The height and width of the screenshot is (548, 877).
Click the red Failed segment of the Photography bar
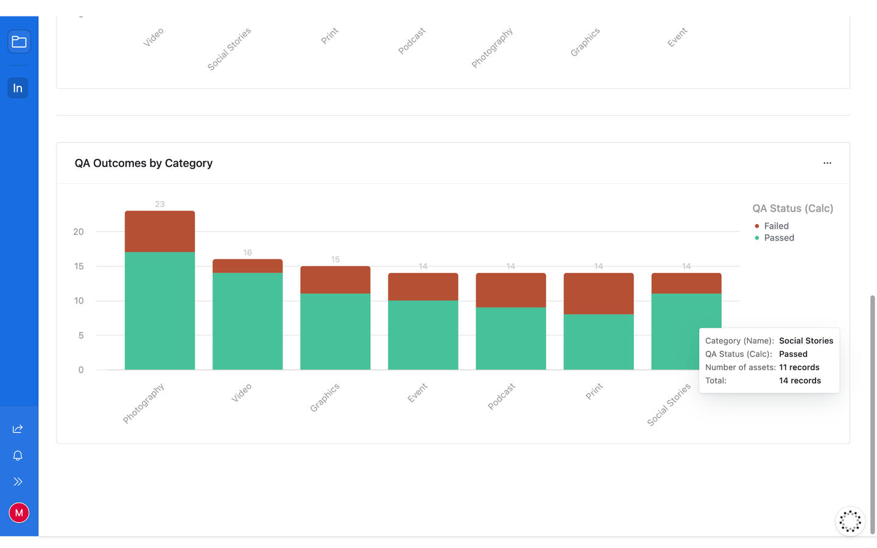(x=160, y=231)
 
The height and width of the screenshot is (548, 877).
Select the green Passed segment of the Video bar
(x=247, y=321)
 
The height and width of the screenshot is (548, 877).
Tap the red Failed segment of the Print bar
(x=598, y=293)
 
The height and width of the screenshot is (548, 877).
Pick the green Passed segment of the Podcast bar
(x=510, y=338)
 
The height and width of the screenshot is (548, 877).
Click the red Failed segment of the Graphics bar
(x=335, y=280)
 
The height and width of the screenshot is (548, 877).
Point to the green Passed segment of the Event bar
(x=423, y=335)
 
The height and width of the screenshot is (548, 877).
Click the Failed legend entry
(x=775, y=226)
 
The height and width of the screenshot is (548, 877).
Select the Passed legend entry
(x=778, y=238)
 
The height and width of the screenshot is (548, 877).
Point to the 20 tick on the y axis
(x=79, y=232)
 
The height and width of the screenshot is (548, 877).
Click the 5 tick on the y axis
(x=81, y=335)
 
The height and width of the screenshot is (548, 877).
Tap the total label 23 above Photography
(x=160, y=205)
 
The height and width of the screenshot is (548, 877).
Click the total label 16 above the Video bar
(x=247, y=253)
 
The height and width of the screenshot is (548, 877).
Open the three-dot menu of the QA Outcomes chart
(x=827, y=163)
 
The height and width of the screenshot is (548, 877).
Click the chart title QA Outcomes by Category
(x=144, y=163)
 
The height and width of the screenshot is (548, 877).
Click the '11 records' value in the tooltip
(x=799, y=367)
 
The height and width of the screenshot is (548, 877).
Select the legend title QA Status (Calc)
(x=792, y=208)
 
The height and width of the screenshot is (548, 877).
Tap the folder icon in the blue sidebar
(x=19, y=42)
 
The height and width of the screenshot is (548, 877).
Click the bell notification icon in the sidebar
(x=18, y=455)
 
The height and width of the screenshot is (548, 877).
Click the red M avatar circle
(x=19, y=513)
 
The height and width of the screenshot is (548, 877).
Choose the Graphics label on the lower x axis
(x=325, y=397)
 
